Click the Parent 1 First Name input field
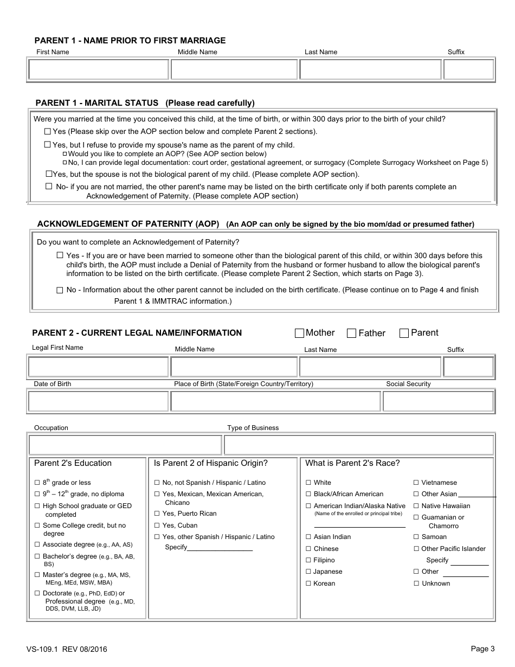98,69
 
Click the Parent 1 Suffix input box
468,69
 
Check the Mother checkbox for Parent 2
299,333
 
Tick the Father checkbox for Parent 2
351,333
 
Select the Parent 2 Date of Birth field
98,401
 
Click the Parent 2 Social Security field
438,401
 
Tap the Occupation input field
125,445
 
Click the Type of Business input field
358,445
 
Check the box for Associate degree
37,544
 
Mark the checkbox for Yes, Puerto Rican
157,514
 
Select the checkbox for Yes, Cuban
157,525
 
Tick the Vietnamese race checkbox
416,483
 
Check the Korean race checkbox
308,583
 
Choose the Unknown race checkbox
416,583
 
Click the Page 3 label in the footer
482,649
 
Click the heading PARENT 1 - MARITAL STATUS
96,103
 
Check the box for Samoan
416,537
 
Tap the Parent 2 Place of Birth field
275,401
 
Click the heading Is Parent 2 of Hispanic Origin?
211,463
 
